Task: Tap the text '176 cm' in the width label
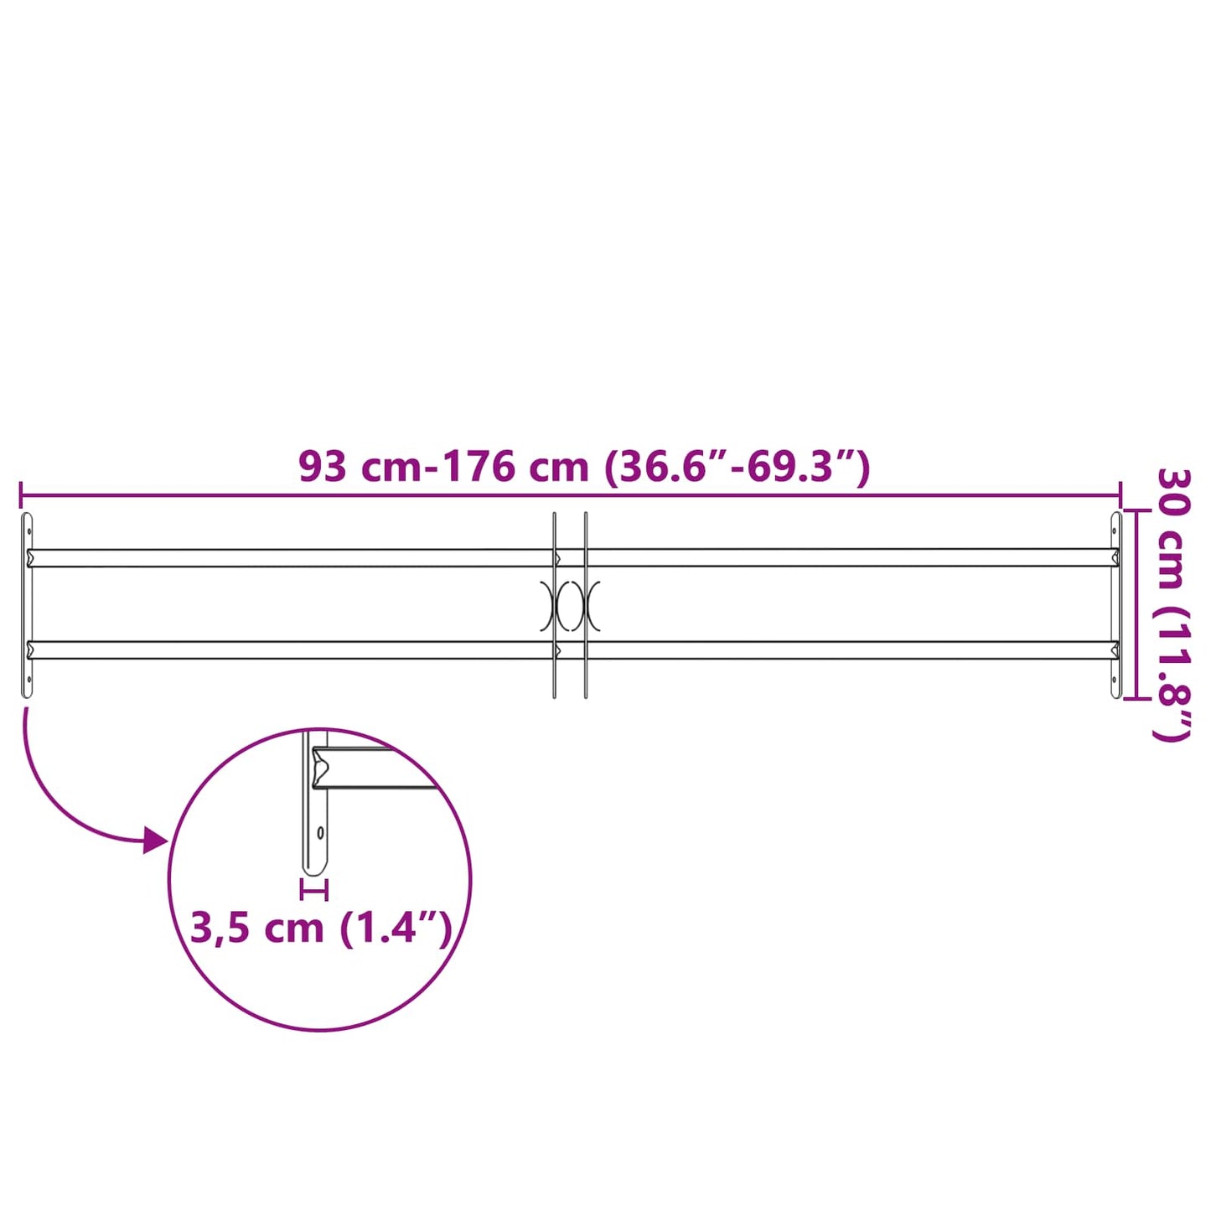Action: [515, 467]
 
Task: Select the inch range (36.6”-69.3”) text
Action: [737, 467]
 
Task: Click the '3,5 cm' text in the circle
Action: [257, 929]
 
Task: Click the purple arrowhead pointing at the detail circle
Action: [154, 839]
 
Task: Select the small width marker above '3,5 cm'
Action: [314, 889]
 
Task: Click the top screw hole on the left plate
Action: [29, 530]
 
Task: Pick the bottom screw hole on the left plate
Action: [29, 680]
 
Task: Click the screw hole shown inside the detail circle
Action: [320, 833]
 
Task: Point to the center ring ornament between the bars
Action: [570, 605]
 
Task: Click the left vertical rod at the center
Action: [554, 605]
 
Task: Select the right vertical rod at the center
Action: [586, 605]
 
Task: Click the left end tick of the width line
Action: [20, 494]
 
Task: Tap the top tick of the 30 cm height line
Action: [1136, 510]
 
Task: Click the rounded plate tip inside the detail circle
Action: [314, 869]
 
